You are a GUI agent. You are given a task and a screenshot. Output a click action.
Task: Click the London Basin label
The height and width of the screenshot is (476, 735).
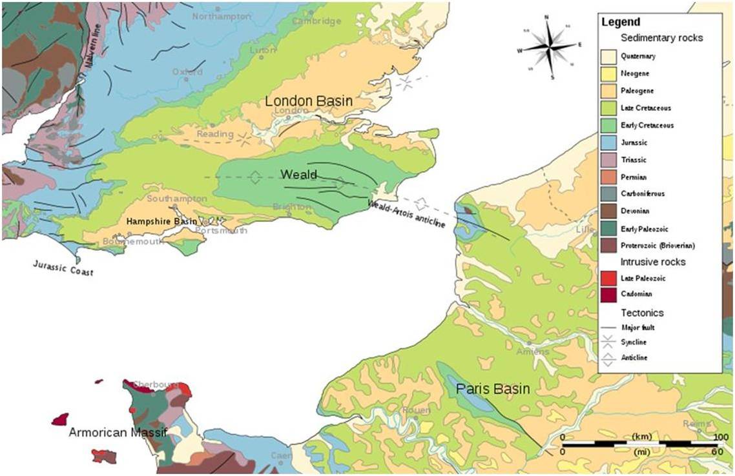pyautogui.click(x=309, y=101)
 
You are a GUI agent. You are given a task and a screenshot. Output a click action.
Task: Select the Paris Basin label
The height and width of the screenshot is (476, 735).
pyautogui.click(x=492, y=389)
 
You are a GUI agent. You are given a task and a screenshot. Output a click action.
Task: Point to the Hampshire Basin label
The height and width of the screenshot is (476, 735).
pyautogui.click(x=161, y=221)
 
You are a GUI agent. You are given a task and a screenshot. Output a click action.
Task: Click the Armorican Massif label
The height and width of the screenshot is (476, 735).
pyautogui.click(x=118, y=432)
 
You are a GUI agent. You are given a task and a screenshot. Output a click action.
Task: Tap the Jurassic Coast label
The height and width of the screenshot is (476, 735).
pyautogui.click(x=63, y=268)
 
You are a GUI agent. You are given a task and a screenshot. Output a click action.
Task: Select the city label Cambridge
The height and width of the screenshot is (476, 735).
pyautogui.click(x=316, y=21)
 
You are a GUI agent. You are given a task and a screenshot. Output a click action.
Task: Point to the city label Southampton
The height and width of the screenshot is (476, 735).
pyautogui.click(x=176, y=199)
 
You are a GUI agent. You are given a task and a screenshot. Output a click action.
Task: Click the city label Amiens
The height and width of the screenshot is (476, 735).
pyautogui.click(x=533, y=352)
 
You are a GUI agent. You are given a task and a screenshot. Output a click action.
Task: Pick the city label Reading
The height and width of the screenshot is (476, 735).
pyautogui.click(x=214, y=134)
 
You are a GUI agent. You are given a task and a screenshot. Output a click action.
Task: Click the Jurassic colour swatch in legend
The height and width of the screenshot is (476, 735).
pyautogui.click(x=608, y=142)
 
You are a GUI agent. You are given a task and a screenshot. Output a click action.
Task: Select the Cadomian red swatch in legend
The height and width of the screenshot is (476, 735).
pyautogui.click(x=608, y=295)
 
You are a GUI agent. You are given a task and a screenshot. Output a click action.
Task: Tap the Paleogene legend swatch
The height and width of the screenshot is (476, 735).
pyautogui.click(x=608, y=91)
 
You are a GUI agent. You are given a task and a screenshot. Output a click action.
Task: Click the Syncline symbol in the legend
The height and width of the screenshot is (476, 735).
pyautogui.click(x=608, y=342)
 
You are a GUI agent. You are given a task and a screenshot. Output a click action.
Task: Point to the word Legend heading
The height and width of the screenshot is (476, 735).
pyautogui.click(x=621, y=22)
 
